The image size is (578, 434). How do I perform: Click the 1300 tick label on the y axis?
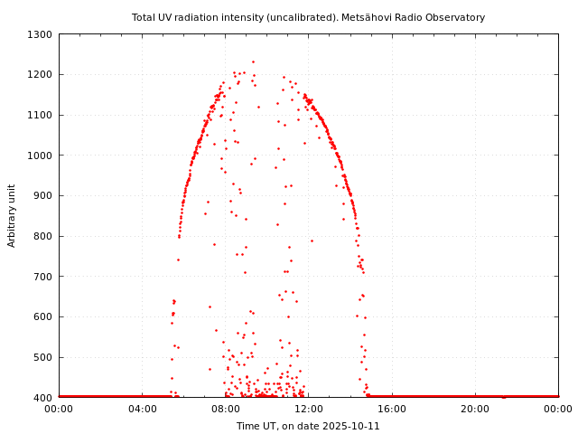tap(41, 34)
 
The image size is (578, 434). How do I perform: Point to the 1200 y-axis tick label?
tap(41, 75)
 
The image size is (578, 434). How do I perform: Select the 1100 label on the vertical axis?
tap(41, 115)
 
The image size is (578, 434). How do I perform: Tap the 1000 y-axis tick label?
tap(41, 156)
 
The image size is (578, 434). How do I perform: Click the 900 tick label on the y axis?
tap(43, 196)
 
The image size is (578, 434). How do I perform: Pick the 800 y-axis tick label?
tap(43, 236)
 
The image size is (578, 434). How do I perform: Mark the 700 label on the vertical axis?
tap(43, 277)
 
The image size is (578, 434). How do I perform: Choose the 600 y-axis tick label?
tap(43, 317)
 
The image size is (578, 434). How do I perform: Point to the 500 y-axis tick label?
tap(43, 357)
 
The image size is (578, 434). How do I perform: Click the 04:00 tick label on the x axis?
tap(142, 409)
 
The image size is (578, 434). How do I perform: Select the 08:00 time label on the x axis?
tap(225, 409)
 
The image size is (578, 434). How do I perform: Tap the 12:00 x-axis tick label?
tap(308, 409)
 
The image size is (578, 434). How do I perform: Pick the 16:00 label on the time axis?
tap(392, 409)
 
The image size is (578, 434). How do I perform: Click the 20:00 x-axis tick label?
tap(475, 409)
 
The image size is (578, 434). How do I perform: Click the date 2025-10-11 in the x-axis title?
tap(350, 426)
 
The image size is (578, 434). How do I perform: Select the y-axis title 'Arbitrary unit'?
tap(13, 215)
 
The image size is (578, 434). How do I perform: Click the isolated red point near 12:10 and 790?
tap(312, 241)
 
